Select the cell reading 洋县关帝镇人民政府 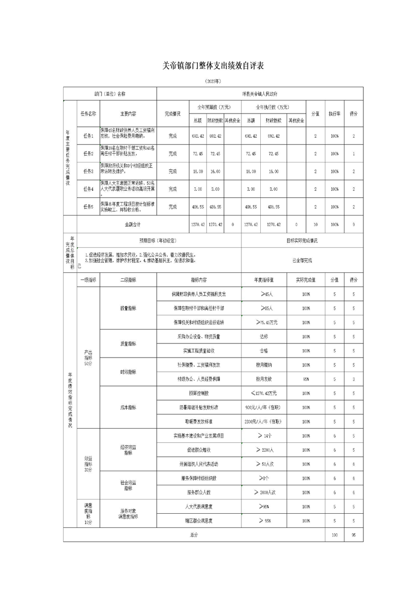[260, 93]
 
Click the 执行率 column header [334, 113]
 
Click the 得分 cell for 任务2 [353, 154]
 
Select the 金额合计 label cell [126, 225]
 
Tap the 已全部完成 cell [302, 260]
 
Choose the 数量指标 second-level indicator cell [128, 309]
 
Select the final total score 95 [353, 534]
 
